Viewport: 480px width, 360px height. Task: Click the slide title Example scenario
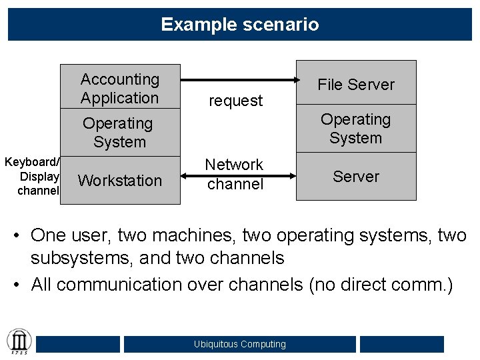tap(240, 25)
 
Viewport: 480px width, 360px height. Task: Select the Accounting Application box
tap(120, 89)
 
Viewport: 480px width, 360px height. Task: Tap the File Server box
tap(356, 85)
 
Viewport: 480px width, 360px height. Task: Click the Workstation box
tap(120, 180)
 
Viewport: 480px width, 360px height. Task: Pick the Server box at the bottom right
tap(356, 177)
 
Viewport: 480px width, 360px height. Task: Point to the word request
tap(236, 101)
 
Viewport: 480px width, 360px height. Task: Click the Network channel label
tap(235, 174)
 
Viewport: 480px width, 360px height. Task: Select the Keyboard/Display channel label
tap(32, 177)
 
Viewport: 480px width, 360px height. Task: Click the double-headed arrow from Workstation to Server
tap(238, 176)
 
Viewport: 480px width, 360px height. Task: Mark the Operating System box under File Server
tap(356, 129)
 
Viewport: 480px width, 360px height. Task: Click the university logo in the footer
tap(18, 342)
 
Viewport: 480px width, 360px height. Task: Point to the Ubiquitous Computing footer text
tap(240, 344)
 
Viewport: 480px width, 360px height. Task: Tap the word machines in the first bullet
tap(194, 235)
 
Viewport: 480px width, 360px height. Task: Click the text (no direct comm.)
tap(380, 285)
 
